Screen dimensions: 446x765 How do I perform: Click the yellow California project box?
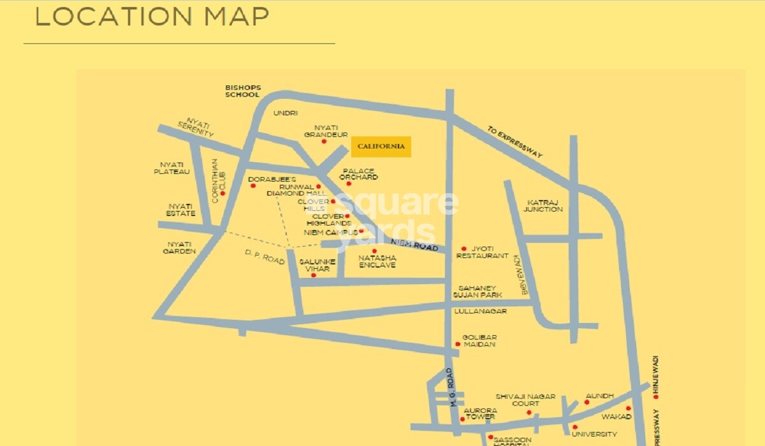pos(381,147)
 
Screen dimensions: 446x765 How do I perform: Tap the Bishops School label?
pos(243,91)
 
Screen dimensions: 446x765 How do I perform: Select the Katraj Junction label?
pos(544,206)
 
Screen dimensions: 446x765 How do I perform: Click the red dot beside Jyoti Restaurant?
pos(463,248)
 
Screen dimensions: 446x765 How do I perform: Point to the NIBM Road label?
pos(415,244)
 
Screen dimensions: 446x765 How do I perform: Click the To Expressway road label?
pos(515,142)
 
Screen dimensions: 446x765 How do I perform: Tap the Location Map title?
pos(152,17)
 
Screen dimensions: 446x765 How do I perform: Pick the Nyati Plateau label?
pos(172,168)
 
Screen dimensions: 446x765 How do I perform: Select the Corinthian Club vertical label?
pos(215,181)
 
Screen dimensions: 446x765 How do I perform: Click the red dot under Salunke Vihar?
pos(313,275)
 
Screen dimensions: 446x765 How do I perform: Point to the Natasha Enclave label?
pos(377,261)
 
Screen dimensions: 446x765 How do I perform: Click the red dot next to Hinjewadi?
pos(655,396)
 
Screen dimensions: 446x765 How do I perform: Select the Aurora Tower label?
pos(480,414)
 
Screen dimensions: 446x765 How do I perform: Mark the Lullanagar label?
pos(480,311)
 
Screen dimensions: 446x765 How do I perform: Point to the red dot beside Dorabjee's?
pos(253,186)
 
